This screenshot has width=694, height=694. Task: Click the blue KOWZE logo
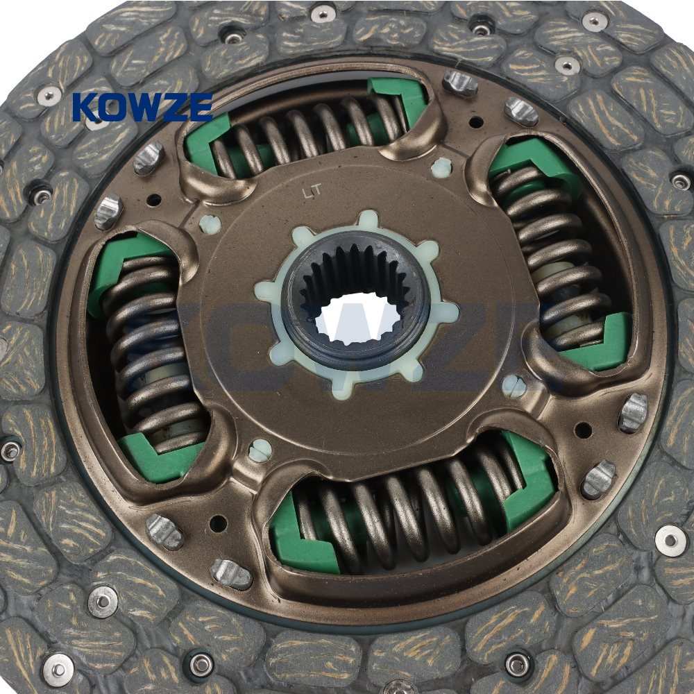142,107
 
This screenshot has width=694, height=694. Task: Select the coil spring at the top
305,133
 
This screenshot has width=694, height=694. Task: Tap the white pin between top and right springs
441,168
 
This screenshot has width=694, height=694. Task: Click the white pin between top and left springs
210,224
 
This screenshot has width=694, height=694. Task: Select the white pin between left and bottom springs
260,450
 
